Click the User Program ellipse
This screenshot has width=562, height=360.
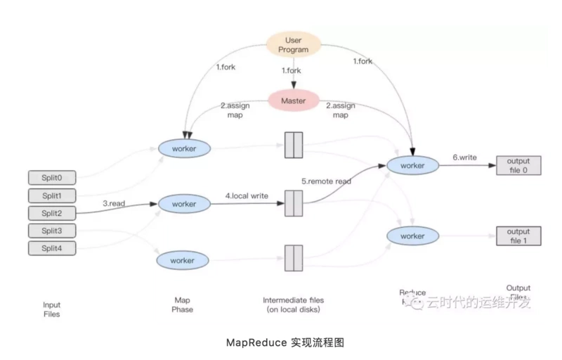[x=293, y=45]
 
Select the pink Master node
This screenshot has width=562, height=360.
[x=293, y=101]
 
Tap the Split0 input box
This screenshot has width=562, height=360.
[x=51, y=177]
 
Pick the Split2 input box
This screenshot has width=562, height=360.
[x=51, y=213]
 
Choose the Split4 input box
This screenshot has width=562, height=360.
[x=51, y=248]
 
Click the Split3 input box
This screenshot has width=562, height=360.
[x=51, y=231]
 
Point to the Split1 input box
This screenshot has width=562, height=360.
[x=51, y=195]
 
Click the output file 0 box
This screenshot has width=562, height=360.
[x=518, y=165]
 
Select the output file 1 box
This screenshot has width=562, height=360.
[x=518, y=236]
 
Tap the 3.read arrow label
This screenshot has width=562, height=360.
[x=115, y=203]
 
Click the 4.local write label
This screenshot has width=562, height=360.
[x=247, y=195]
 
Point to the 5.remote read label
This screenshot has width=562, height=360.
[x=326, y=181]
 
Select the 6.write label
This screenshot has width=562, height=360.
[x=464, y=157]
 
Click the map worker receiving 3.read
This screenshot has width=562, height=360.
[x=184, y=204]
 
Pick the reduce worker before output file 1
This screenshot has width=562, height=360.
[x=412, y=236]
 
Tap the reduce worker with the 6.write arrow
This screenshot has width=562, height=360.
[x=412, y=165]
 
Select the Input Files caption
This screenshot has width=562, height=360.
[x=51, y=309]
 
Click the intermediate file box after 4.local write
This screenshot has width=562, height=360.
[x=293, y=204]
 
